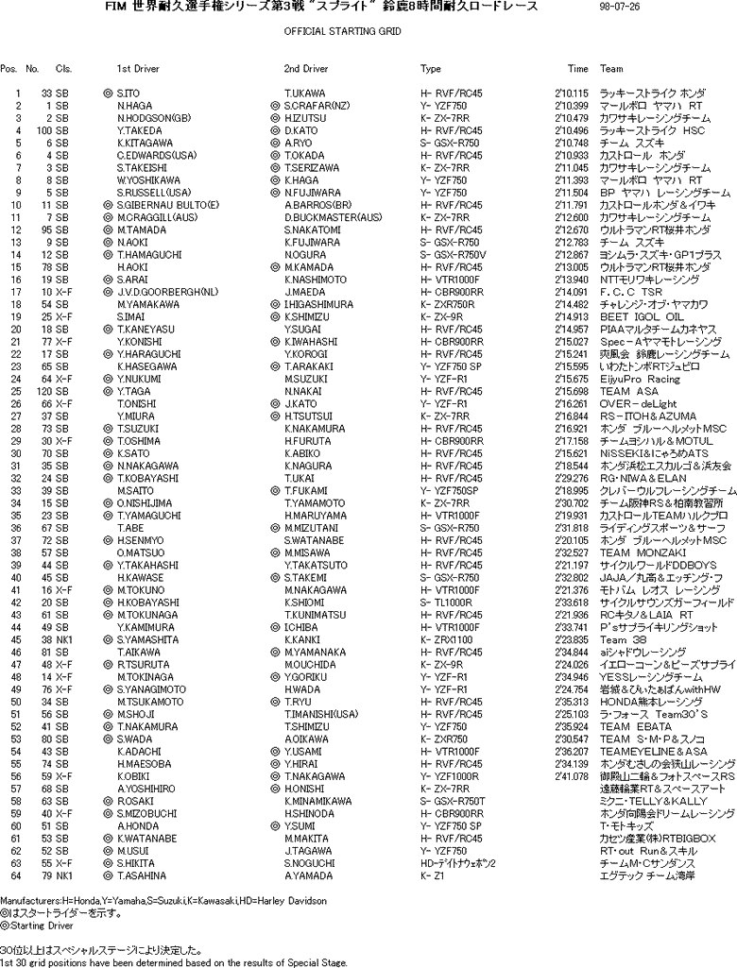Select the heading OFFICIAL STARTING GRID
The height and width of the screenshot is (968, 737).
(x=342, y=31)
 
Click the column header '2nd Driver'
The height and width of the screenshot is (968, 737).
(x=306, y=69)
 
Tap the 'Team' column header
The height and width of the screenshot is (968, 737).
(x=611, y=69)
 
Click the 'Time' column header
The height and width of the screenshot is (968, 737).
(x=577, y=69)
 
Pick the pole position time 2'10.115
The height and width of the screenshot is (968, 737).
(x=572, y=93)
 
